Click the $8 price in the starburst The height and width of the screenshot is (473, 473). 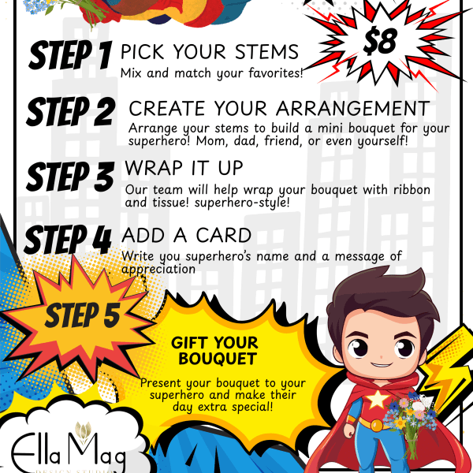coord(379,42)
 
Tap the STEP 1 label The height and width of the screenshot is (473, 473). coord(71,55)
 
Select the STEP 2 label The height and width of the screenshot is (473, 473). coord(71,111)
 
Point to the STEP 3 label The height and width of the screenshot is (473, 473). coord(70,176)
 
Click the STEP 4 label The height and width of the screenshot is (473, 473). coord(68,240)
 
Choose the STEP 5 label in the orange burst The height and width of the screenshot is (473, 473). coord(83,315)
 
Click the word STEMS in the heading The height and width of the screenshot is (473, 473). coord(266,51)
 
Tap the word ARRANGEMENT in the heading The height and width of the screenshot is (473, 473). coord(352,108)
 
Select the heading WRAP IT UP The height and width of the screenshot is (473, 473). coord(184,168)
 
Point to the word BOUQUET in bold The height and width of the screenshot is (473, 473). coord(218,359)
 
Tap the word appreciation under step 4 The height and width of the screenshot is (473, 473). coord(158,270)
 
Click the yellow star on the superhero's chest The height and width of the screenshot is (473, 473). coord(377,399)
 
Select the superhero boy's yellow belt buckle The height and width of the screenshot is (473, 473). coord(377,426)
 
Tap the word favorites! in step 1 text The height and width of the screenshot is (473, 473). coord(276,73)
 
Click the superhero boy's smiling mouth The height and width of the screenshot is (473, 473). coord(382,364)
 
